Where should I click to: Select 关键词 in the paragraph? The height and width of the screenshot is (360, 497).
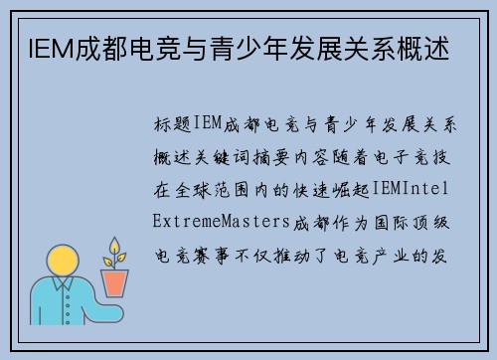pyautogui.click(x=222, y=155)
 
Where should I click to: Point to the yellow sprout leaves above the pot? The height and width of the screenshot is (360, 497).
pyautogui.click(x=115, y=251)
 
